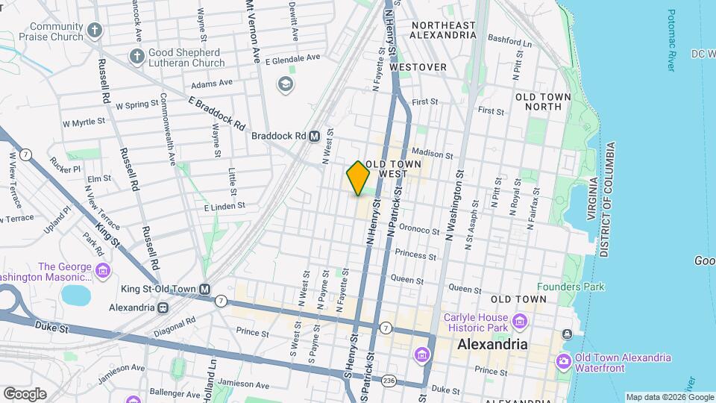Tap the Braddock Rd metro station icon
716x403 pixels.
pos(315,137)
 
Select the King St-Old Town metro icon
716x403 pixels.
pos(204,289)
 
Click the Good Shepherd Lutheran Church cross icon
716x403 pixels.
pos(136,57)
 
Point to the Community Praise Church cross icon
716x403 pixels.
pos(94,31)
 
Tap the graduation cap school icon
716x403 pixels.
pos(284,84)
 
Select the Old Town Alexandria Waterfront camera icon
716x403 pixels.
pos(563,362)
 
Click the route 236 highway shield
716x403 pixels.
pos(388,381)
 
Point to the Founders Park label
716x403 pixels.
pos(571,287)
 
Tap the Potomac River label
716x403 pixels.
pos(671,41)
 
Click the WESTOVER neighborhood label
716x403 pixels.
pos(418,67)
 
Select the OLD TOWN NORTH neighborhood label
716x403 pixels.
pos(543,102)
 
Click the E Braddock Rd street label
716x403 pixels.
pos(217,113)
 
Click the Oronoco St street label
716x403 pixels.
pos(419,230)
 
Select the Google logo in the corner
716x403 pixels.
pos(25,393)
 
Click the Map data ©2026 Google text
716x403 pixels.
pos(668,397)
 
